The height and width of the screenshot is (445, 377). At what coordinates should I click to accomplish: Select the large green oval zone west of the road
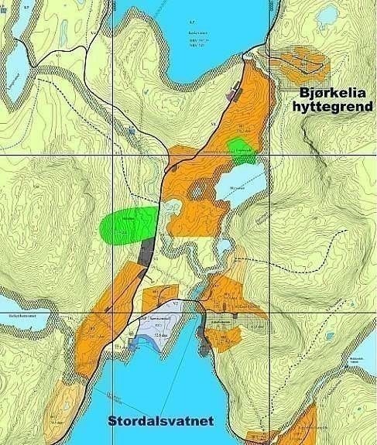(x=128, y=226)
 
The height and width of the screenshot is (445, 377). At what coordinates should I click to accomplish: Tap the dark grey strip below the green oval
(x=146, y=251)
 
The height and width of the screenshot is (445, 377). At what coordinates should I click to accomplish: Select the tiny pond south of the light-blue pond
(x=224, y=247)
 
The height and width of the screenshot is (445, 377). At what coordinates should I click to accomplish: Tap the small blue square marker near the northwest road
(x=133, y=131)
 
